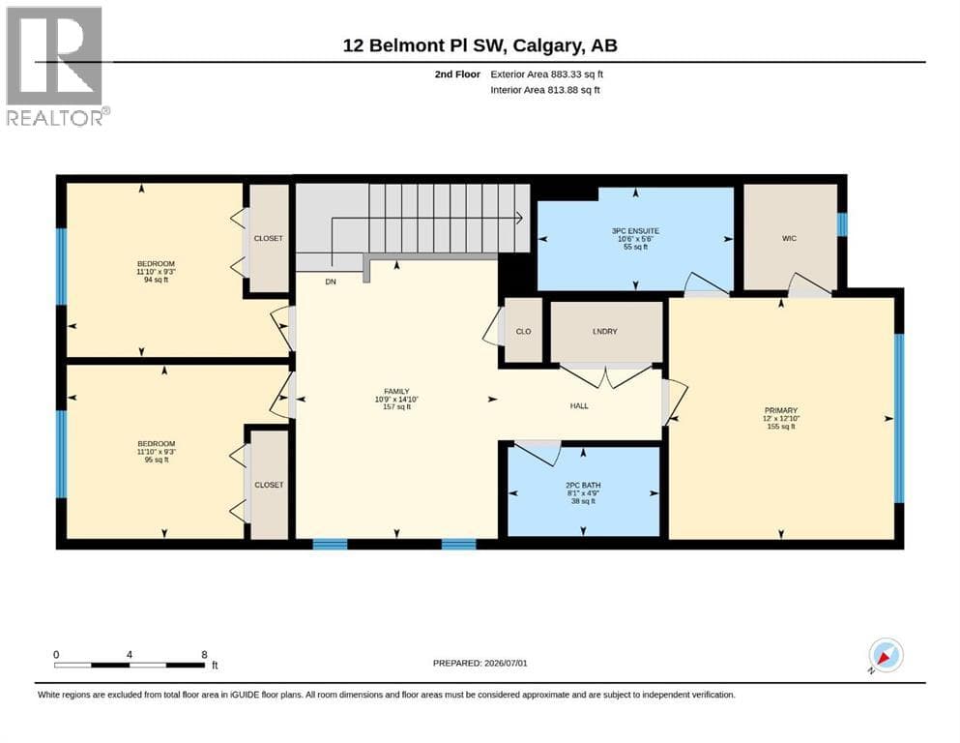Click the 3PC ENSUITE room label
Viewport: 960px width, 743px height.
[635, 231]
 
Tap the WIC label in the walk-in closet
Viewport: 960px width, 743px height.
[789, 238]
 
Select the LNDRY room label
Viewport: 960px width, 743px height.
[605, 332]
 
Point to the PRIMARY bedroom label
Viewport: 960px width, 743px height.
[781, 410]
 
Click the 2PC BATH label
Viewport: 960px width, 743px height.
[583, 485]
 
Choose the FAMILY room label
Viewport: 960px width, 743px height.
[396, 392]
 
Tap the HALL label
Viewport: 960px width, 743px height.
[579, 406]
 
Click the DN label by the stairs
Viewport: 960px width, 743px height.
[331, 282]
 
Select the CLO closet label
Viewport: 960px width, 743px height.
[523, 332]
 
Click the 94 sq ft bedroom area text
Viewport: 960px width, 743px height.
[156, 280]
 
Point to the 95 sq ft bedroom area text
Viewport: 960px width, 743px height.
[156, 460]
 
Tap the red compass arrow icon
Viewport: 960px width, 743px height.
[884, 658]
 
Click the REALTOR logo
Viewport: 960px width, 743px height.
[57, 66]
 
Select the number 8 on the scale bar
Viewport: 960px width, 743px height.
[205, 654]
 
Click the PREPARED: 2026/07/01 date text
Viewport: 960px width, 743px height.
[480, 663]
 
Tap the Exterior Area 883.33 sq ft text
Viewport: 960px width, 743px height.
[547, 74]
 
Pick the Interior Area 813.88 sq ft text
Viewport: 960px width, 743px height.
[545, 90]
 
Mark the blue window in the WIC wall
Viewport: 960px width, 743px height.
[842, 224]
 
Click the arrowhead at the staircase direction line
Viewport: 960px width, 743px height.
[518, 218]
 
